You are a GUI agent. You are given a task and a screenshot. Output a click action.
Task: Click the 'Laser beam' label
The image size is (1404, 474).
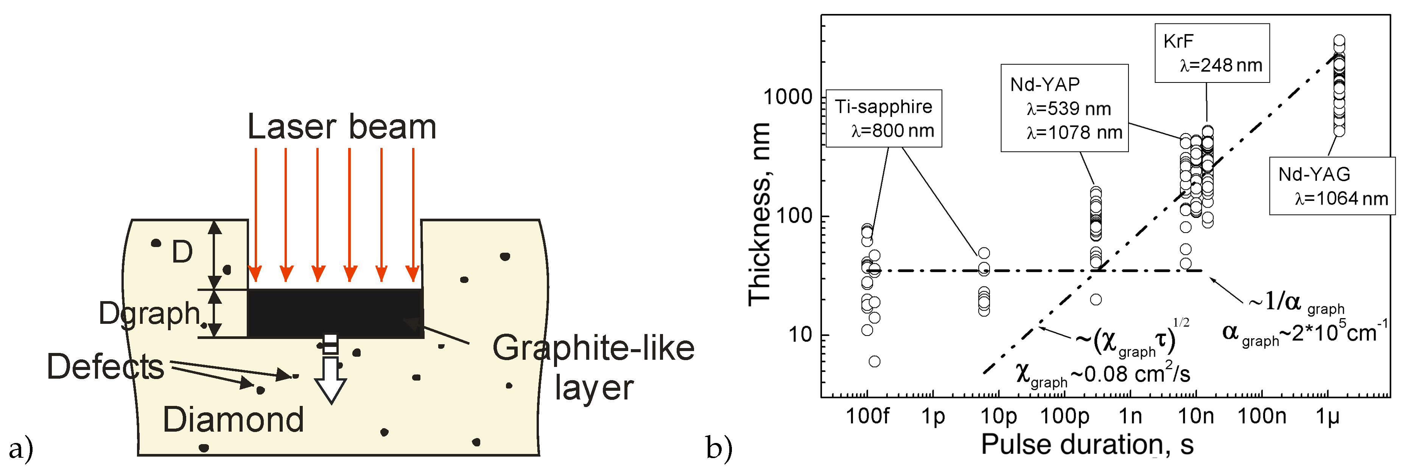coord(342,127)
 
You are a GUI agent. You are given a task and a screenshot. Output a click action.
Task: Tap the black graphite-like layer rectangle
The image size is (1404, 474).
coord(335,313)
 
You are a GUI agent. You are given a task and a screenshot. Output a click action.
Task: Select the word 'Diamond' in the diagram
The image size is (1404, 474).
coord(233,420)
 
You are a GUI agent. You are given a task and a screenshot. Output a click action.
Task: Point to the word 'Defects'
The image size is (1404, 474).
coord(105,366)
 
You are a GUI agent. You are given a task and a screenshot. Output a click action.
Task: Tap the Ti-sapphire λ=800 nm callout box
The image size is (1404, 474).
coord(884,118)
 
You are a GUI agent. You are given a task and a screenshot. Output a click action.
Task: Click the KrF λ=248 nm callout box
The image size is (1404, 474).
coord(1212,53)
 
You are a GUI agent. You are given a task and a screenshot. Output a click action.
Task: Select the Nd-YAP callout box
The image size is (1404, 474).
coord(1064,108)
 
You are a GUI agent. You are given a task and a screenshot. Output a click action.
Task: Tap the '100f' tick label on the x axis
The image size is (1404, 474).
coord(867,416)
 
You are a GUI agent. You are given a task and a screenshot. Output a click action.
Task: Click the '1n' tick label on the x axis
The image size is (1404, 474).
coord(1130,416)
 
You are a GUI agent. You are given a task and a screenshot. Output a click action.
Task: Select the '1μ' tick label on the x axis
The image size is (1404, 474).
coord(1327,416)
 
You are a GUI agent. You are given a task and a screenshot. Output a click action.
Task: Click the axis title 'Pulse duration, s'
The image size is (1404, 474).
coord(1087,444)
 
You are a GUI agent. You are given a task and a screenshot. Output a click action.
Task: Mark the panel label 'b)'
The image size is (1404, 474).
coord(719,448)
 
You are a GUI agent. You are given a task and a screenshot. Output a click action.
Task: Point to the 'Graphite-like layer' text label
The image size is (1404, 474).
coord(593,367)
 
